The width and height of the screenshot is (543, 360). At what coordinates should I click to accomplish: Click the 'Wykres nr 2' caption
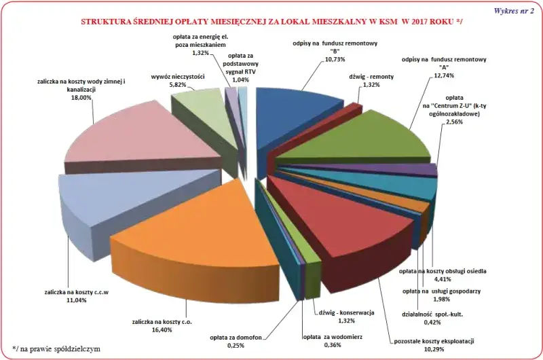coord(514,11)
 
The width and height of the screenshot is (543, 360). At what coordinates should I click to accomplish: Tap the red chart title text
coord(271,22)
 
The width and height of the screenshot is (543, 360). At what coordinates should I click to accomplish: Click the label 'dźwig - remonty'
coord(371,77)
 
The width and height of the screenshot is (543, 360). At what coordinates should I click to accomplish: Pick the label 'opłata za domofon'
coord(236,338)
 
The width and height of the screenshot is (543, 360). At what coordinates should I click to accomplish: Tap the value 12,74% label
coord(444,75)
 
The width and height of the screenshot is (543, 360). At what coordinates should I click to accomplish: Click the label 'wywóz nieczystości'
coord(178,77)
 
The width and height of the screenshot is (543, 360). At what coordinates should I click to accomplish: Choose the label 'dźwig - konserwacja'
coord(346,313)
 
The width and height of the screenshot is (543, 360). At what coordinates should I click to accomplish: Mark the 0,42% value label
coord(432,322)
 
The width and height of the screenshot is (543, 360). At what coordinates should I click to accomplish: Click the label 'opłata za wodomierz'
coord(333,337)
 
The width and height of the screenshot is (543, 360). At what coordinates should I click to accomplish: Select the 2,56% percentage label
coord(454,122)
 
